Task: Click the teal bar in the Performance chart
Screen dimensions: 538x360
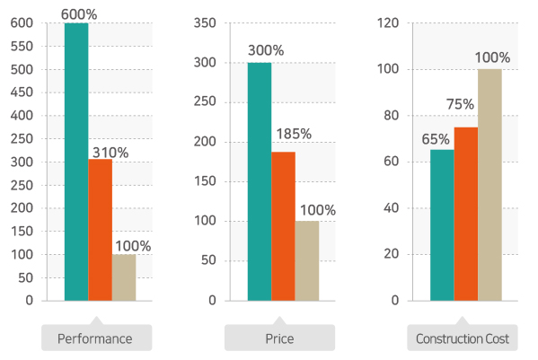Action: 76,162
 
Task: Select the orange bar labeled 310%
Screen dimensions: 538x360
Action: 101,230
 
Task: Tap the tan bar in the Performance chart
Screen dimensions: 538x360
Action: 124,277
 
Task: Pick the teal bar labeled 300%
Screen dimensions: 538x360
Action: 260,181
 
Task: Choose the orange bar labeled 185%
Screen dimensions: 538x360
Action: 284,226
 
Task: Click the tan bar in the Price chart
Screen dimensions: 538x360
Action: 307,261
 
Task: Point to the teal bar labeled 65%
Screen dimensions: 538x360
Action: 442,225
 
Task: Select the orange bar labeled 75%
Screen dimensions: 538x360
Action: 466,214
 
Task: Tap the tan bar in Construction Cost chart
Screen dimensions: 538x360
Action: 490,185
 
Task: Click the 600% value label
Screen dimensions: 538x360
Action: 79,14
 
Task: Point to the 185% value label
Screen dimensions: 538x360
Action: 294,134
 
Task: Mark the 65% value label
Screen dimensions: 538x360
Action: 436,139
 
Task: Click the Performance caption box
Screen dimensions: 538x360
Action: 97,338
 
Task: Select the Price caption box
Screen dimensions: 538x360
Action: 279,338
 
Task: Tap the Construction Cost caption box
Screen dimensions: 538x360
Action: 463,338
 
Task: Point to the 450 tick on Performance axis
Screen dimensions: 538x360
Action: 22,92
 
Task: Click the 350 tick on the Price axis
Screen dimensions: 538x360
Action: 205,23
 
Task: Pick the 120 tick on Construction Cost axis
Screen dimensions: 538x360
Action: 388,23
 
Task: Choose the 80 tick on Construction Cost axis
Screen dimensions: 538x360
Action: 392,116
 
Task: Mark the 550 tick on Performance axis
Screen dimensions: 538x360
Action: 22,46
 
